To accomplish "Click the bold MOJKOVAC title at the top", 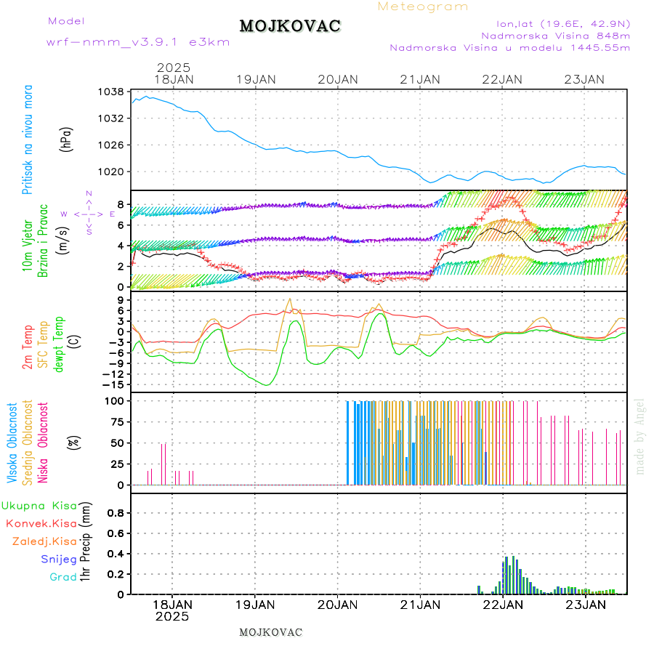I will [x=290, y=26].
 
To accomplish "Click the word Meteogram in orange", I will [x=423, y=7].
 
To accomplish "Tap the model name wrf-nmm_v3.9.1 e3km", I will [x=138, y=42].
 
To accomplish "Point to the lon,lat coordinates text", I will [x=563, y=23].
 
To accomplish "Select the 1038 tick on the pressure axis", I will [x=112, y=92].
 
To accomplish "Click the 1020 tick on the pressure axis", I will [x=112, y=171].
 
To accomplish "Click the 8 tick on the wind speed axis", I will [x=119, y=204].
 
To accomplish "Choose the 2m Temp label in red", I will [x=28, y=347].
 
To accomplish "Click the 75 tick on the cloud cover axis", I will [x=115, y=421].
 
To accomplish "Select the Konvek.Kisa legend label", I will [x=41, y=523].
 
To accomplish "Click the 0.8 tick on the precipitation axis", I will [x=116, y=512].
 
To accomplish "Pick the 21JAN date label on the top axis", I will [x=420, y=79].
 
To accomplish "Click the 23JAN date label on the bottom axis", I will [x=585, y=604].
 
